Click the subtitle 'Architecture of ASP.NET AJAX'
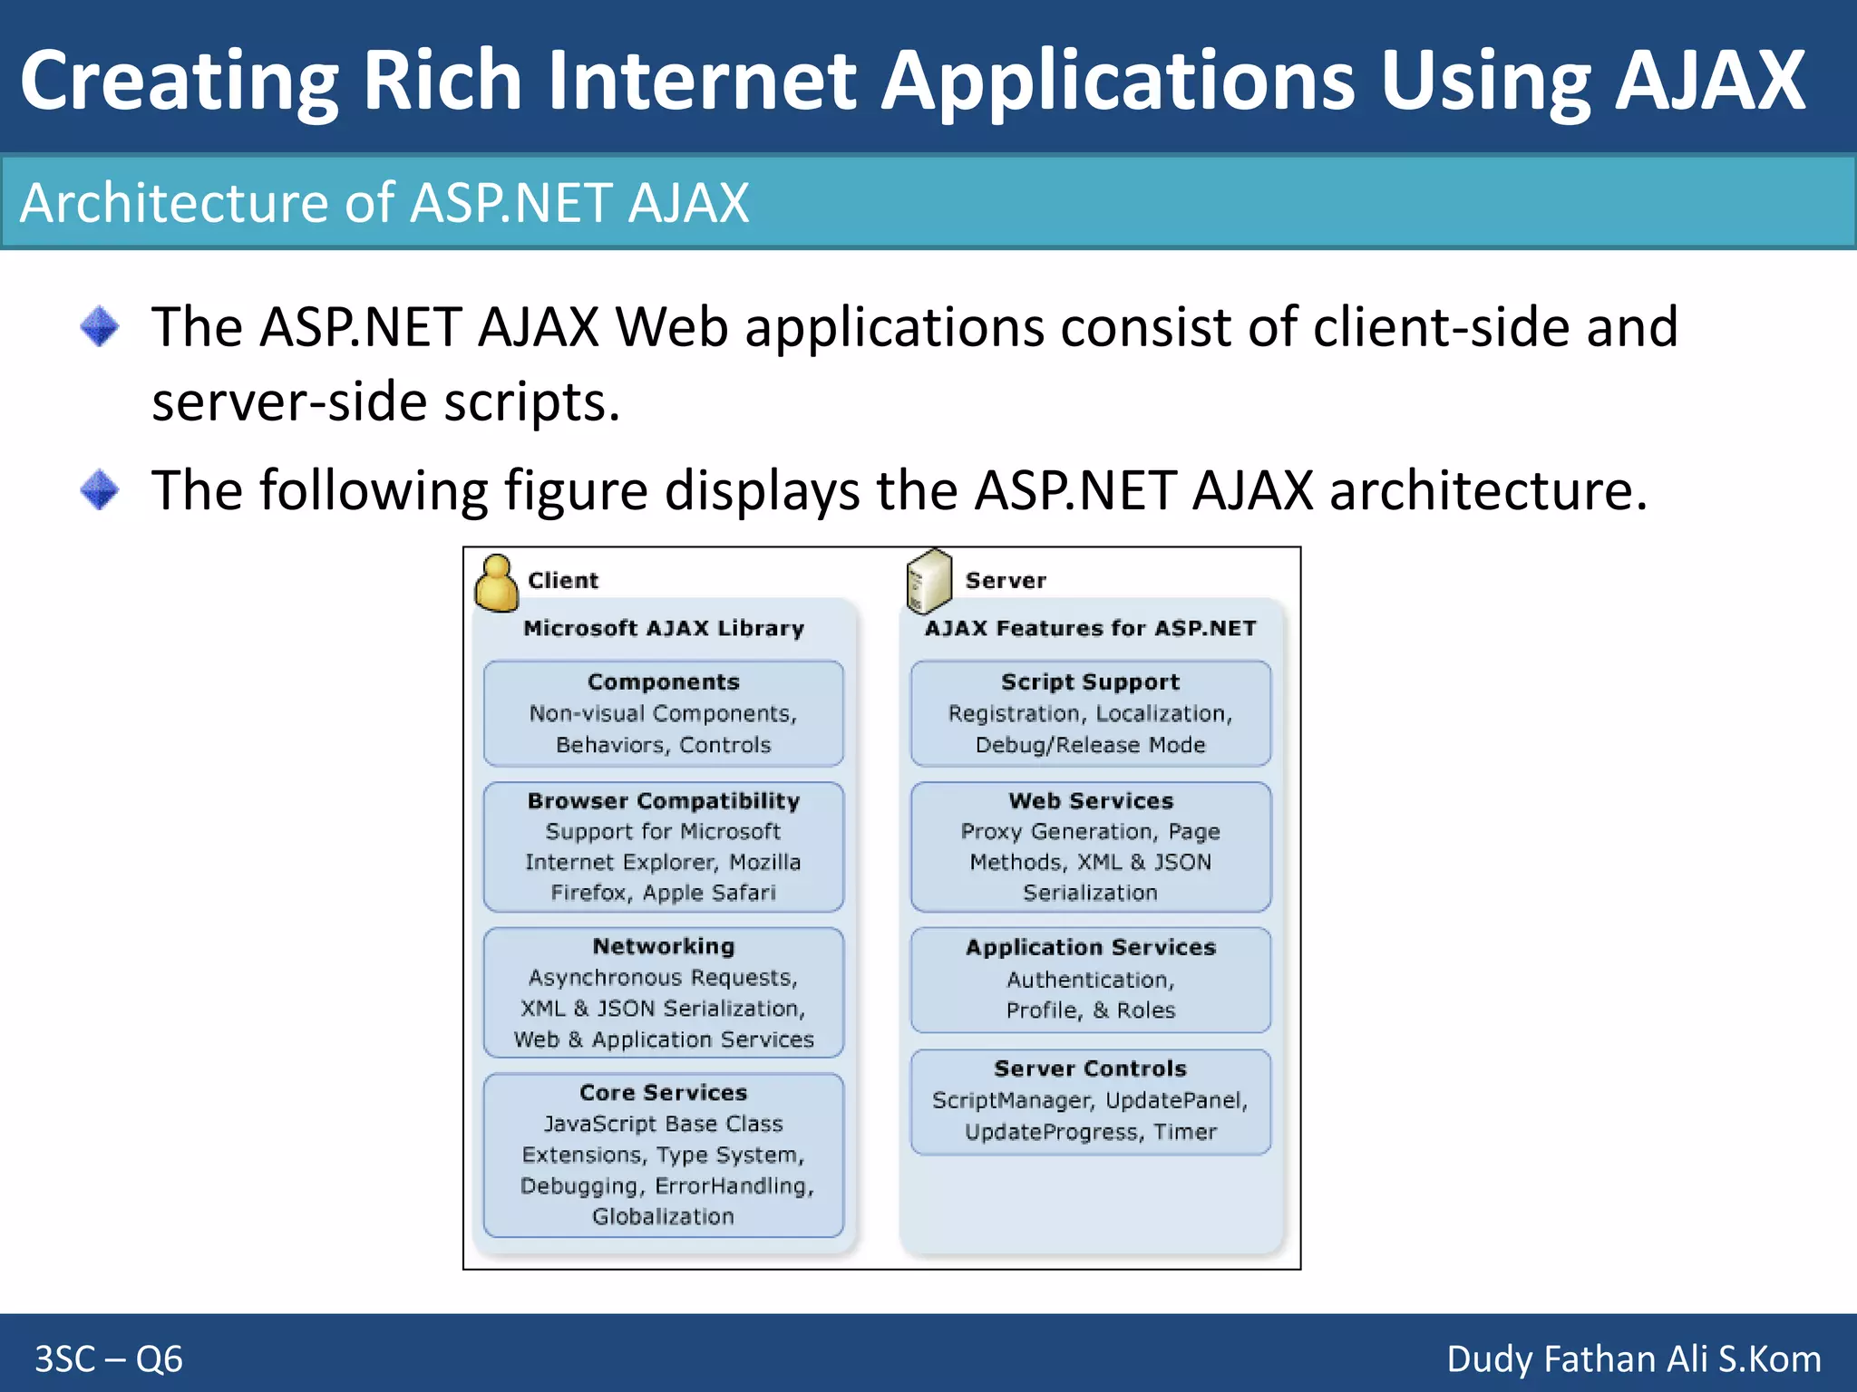[384, 202]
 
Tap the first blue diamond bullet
[99, 326]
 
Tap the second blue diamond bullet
[99, 490]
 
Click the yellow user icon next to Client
[497, 584]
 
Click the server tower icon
[928, 581]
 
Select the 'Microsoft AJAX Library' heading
[664, 628]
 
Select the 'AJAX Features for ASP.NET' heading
[1090, 628]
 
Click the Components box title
[664, 681]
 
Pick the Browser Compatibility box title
[664, 800]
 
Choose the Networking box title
[664, 946]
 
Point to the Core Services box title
[664, 1092]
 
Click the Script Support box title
[1090, 681]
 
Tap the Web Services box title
[1090, 800]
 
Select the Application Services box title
[1090, 947]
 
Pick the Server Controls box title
[1090, 1068]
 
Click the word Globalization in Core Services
[664, 1216]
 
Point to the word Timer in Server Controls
[1185, 1132]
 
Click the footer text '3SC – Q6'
[109, 1358]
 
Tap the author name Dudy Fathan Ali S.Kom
[1633, 1358]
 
